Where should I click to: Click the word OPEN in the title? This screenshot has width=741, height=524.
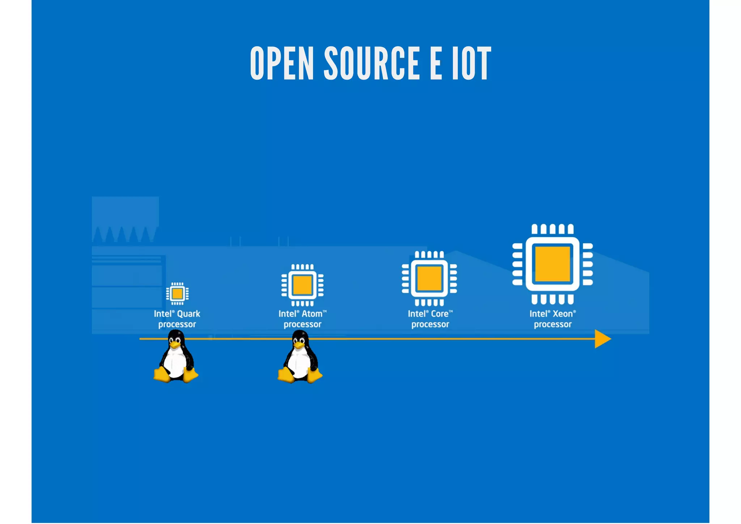coord(282,63)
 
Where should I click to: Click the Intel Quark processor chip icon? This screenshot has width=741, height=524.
coord(177,293)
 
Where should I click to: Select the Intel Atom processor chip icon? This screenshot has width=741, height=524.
coord(302,285)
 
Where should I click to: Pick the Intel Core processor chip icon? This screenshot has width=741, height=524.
coord(429,278)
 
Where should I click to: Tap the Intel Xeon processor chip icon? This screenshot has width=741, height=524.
coord(552,264)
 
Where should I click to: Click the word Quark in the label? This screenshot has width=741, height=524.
coord(189,314)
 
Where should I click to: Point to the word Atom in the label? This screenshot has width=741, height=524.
coord(312,314)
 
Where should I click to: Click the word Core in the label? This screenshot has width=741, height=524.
coord(440,314)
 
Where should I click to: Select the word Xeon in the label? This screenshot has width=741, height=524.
coord(563,314)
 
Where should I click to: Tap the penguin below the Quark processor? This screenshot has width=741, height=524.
coord(176,359)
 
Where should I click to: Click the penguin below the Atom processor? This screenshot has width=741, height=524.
coord(300,359)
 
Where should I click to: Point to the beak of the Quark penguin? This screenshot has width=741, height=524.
coord(175,345)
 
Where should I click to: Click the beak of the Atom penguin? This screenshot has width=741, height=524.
coord(299,345)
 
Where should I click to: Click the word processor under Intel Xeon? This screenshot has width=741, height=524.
coord(552,324)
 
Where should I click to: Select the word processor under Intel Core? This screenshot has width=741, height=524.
coord(430,324)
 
